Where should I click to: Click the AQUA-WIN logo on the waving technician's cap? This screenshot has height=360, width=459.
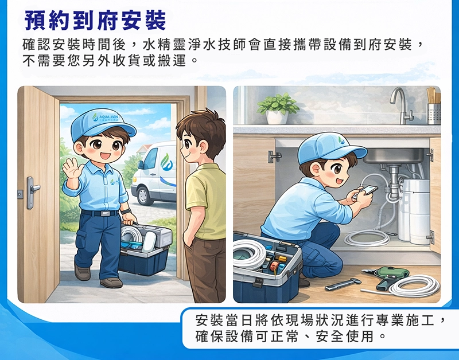[104, 119]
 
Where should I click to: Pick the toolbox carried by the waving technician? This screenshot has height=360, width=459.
[145, 248]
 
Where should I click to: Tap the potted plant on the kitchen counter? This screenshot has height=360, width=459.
[278, 108]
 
